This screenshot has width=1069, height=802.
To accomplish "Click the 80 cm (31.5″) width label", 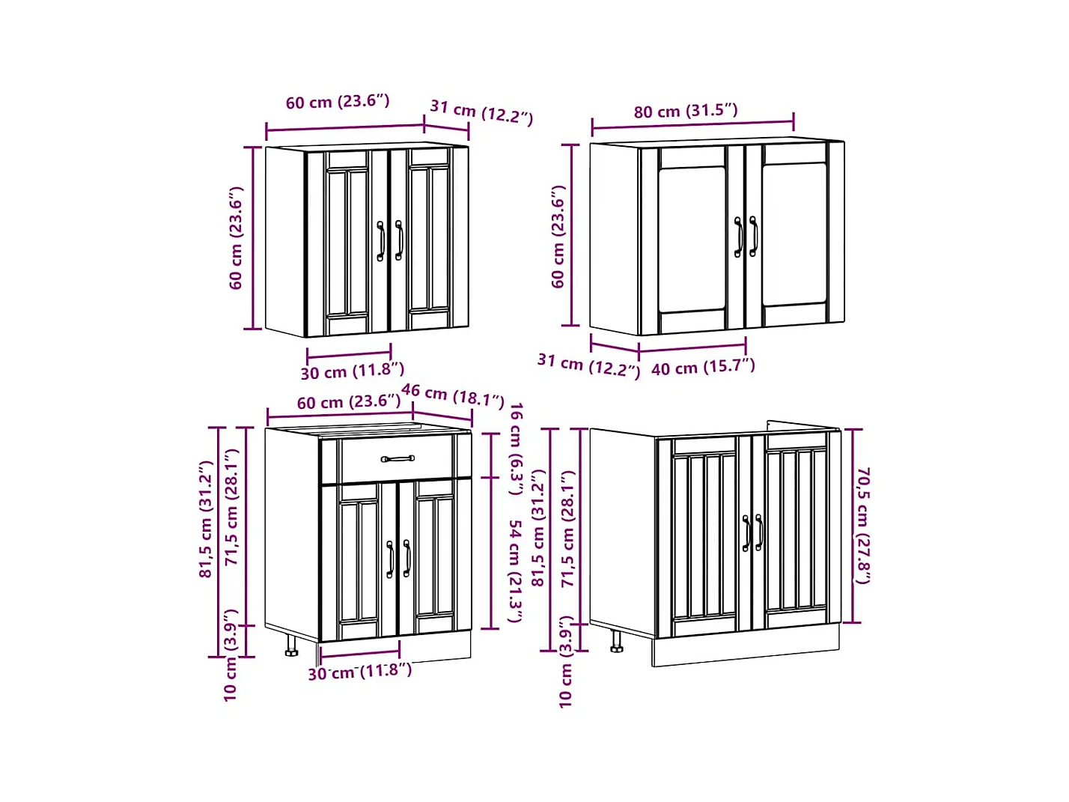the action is tap(685, 112).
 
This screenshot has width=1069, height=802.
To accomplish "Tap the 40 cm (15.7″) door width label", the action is tap(703, 367).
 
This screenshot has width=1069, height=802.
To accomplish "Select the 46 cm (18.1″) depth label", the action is tap(452, 395).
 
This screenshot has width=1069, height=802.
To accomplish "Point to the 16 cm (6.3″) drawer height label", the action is tap(516, 449).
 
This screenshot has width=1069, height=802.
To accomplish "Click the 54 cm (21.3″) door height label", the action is tap(515, 571).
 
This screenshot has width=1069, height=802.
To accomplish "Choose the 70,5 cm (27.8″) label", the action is tap(862, 526).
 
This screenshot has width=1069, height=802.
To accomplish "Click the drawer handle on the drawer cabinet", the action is tap(398, 458).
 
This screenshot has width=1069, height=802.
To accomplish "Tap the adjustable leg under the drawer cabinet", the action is tap(291, 646).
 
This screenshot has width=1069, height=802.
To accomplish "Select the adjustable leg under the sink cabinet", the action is tap(616, 641).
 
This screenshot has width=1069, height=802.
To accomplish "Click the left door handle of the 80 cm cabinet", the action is tap(738, 237).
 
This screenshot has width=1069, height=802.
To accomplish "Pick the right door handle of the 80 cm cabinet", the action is tap(753, 236).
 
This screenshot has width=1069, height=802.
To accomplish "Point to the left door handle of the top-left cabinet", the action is tap(381, 241).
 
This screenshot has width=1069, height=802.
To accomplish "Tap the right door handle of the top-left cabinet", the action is tap(399, 240).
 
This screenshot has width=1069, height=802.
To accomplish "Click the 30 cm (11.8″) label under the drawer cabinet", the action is tap(360, 672).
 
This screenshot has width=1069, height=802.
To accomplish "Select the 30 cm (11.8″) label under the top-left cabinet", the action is tap(352, 371).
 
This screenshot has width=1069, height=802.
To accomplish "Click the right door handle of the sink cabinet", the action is tap(759, 532).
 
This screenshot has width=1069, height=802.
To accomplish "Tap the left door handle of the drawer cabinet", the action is tap(389, 559).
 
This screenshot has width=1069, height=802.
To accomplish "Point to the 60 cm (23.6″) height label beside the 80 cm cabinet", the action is tap(558, 237).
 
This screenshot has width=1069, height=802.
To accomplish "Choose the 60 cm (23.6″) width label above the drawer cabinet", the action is tap(349, 402).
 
